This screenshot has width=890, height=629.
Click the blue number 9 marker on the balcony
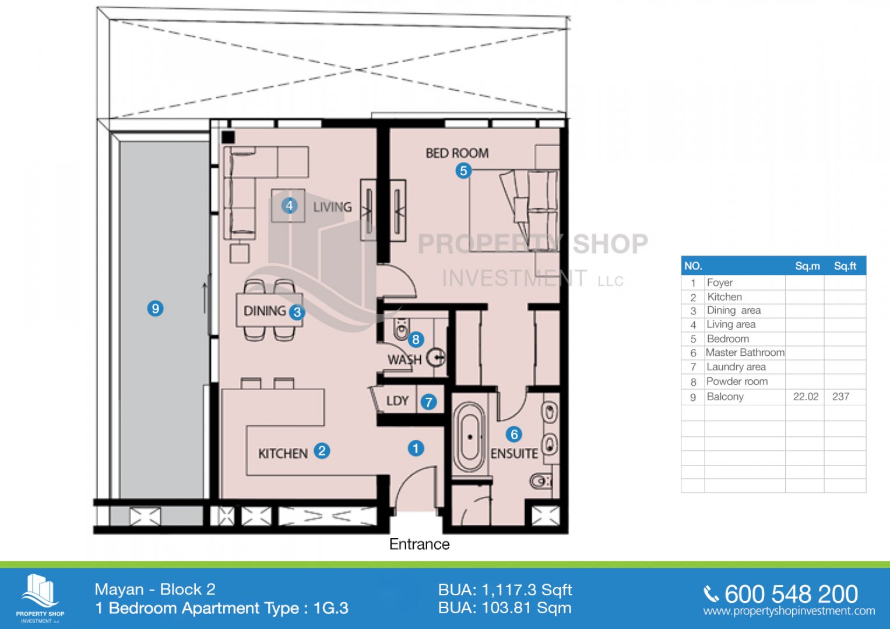click(156, 309)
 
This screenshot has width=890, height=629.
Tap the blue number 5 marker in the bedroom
click(463, 171)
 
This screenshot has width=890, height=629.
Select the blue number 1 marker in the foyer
click(416, 448)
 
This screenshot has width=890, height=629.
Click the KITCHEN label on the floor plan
click(283, 454)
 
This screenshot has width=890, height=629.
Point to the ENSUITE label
click(514, 454)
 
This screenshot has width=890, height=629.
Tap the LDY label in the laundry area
click(397, 401)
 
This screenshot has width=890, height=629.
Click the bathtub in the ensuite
click(470, 437)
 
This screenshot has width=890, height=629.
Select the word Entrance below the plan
click(420, 544)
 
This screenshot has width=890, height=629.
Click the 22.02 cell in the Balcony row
click(805, 397)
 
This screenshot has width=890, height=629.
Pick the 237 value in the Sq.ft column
click(840, 397)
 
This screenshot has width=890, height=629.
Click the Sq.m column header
click(807, 266)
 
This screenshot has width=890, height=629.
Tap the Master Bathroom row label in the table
click(745, 352)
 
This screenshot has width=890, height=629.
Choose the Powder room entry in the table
click(737, 381)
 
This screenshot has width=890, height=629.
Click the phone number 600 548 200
click(791, 594)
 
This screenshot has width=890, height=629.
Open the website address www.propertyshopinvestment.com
click(789, 611)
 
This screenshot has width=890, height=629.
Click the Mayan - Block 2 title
click(155, 589)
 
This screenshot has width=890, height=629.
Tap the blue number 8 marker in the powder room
click(416, 340)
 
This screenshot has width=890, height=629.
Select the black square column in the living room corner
click(228, 137)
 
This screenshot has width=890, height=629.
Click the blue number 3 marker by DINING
click(297, 313)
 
